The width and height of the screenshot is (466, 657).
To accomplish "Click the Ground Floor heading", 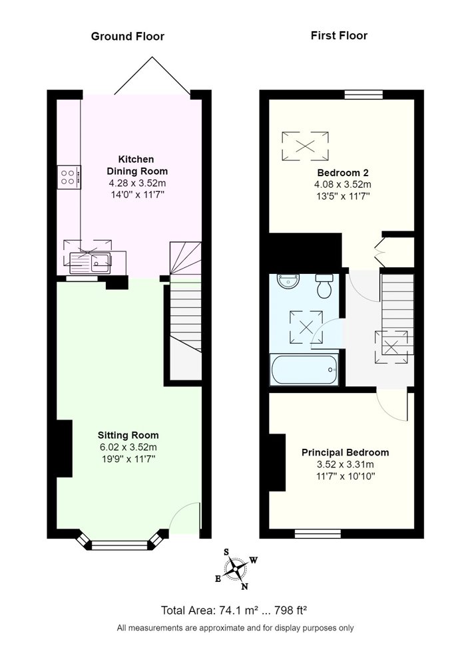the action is coord(128,37).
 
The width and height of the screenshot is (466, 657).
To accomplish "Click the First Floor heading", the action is coord(339,36).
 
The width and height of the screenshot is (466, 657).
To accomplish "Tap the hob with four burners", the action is coord(69,177).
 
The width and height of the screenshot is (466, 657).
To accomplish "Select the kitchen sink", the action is coord(91,262).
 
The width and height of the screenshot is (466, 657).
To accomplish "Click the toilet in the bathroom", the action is coord(324,286).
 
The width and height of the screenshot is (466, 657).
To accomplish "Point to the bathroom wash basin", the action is coord(288,281).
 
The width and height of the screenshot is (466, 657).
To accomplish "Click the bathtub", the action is coord(304,370).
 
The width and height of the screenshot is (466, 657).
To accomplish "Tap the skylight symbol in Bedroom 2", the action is coord(305,146).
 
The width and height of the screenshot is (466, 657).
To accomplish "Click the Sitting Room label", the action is coord(128,435).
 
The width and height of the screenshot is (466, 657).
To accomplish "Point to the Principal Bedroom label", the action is coord(346,453).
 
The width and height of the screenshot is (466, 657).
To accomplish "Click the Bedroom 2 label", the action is coord(343,173).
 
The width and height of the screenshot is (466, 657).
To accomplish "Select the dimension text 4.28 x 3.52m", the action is coord(137,183).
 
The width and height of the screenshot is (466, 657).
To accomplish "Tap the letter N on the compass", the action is coord(244,587).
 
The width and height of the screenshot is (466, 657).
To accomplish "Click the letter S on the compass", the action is coord(227,552).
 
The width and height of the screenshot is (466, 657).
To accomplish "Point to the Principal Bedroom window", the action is coord(318,534).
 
